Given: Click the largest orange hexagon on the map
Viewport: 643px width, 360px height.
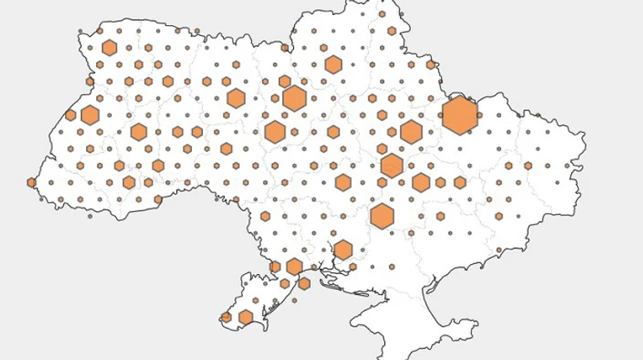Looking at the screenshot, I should [459, 114].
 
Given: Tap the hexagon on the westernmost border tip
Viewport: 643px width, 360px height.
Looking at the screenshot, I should [32, 182].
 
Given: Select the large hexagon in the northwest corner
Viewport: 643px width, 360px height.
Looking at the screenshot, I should [107, 48].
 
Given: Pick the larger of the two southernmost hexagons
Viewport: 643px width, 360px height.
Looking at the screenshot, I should [246, 317].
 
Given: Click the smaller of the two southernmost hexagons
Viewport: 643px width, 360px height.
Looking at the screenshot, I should [225, 317].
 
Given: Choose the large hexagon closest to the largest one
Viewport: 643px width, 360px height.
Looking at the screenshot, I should [411, 131].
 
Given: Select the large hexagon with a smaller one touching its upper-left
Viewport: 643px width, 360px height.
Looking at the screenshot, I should [294, 97].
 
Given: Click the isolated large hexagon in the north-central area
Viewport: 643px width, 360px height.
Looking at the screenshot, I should [333, 64].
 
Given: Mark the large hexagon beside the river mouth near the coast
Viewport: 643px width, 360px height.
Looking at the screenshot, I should [343, 249].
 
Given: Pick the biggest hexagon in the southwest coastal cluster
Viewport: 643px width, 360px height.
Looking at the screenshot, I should [294, 266].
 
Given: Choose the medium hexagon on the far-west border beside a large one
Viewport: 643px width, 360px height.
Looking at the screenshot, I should [71, 115].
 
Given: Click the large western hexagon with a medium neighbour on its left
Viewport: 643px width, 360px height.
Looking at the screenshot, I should [90, 115].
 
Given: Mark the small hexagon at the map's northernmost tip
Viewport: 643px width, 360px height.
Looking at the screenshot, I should [380, 14].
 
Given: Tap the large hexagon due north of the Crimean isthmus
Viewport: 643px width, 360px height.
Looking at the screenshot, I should [382, 215].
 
